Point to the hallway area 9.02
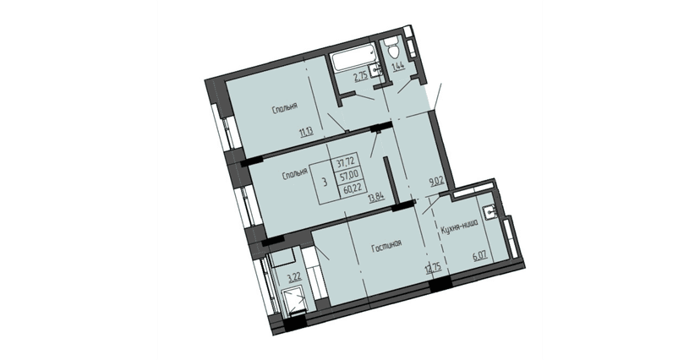coord(437,181)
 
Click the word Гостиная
coord(385,246)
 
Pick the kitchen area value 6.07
coord(481,253)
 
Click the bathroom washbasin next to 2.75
coord(377,70)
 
